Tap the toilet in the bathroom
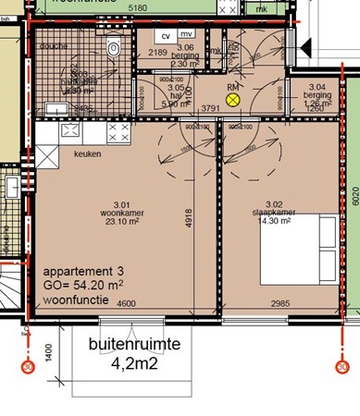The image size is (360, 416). pyautogui.click(x=115, y=49)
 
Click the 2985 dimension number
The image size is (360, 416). pyautogui.click(x=267, y=304)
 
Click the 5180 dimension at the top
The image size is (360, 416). pyautogui.click(x=139, y=6)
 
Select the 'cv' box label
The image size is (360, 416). pyautogui.click(x=165, y=35)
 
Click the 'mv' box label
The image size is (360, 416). pyautogui.click(x=185, y=35)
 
